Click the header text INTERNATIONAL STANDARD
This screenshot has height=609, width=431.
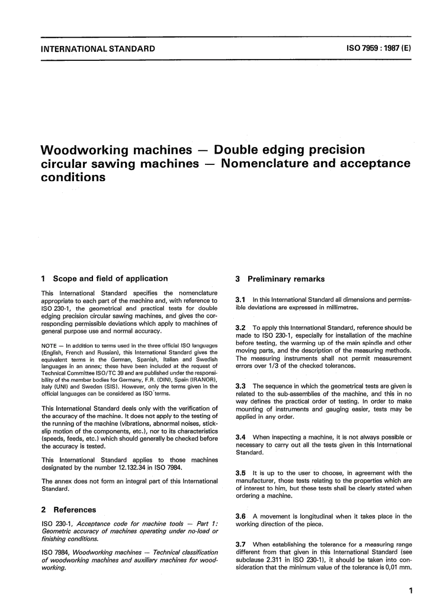click(x=98, y=49)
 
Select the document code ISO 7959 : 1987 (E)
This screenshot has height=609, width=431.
click(x=377, y=49)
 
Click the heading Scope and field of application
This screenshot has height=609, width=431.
click(x=110, y=278)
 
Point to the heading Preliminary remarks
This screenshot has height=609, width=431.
click(x=286, y=279)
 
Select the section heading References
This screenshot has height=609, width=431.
click(x=75, y=510)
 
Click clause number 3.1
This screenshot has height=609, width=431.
click(x=240, y=300)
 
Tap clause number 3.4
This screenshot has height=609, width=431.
click(x=240, y=437)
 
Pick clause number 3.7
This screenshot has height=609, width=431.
click(x=240, y=544)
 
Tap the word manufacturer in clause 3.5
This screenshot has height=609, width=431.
click(x=256, y=480)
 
